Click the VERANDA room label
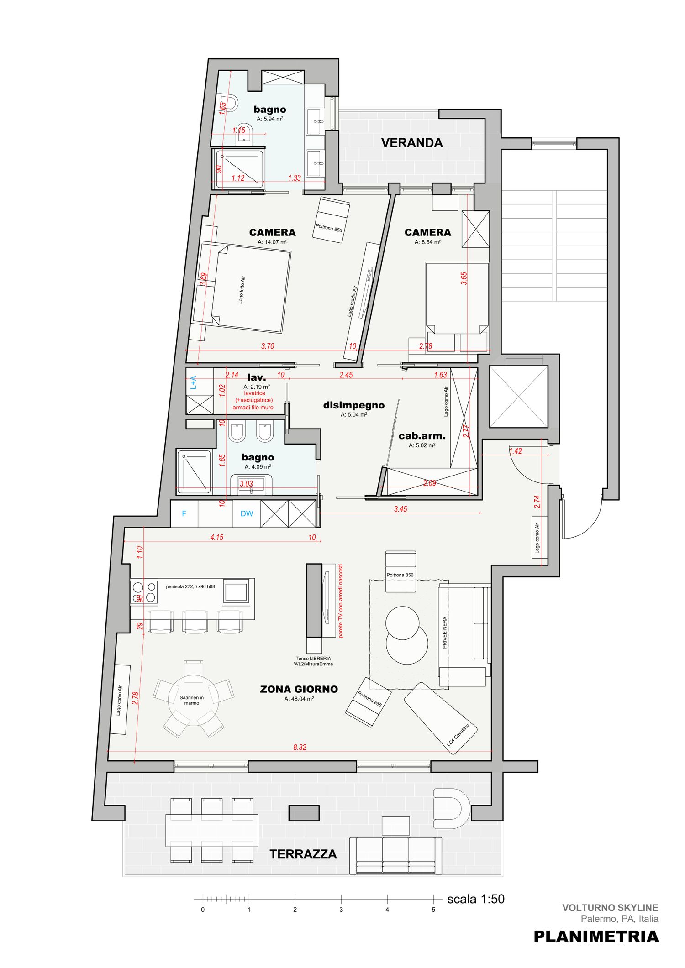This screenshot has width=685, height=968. [412, 143]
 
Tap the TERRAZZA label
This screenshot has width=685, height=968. [303, 854]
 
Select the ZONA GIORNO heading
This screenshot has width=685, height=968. [299, 689]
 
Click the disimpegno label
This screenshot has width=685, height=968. [354, 405]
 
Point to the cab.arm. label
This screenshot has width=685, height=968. [422, 436]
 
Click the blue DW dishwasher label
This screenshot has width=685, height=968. [247, 513]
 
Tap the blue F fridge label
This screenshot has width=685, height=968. [184, 513]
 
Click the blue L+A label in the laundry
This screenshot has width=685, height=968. [193, 382]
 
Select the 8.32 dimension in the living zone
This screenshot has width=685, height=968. [300, 747]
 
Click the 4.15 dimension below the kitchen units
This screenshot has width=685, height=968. [217, 537]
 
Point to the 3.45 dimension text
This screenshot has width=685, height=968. [400, 509]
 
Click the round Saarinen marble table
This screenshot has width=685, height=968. [193, 701]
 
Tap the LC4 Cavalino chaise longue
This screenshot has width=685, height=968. [440, 718]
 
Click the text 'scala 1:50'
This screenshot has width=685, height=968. [476, 899]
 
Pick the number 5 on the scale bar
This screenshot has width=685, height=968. [433, 910]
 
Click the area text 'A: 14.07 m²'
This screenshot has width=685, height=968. [272, 242]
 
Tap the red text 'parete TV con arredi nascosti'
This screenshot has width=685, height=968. [341, 601]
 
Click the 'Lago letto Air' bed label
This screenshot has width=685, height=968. [242, 290]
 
